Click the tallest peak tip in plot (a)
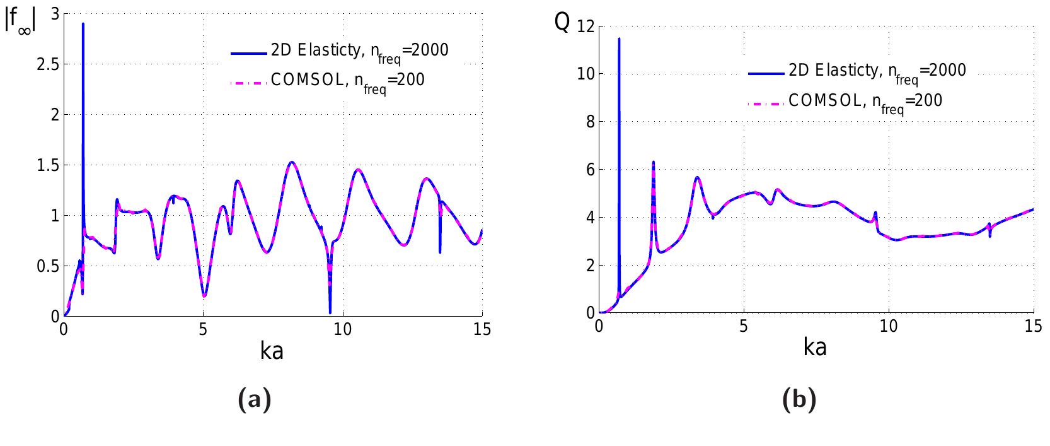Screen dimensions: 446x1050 (x=83, y=24)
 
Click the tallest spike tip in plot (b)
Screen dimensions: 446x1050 (x=619, y=38)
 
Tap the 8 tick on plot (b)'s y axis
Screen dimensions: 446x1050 (x=586, y=122)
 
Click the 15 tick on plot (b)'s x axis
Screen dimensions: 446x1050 (x=1033, y=327)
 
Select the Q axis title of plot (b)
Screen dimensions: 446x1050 (x=562, y=22)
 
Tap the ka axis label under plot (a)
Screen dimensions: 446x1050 (x=272, y=351)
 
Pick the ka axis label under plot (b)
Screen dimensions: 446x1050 (x=815, y=347)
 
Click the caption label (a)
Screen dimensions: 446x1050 (x=255, y=400)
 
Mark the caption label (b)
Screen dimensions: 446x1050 (x=799, y=400)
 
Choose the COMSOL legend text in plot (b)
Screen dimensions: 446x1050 (x=865, y=101)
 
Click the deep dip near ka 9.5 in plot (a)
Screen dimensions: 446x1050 (x=330, y=312)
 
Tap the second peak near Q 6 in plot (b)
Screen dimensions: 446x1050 (x=653, y=162)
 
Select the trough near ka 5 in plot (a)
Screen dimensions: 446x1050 (x=204, y=296)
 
